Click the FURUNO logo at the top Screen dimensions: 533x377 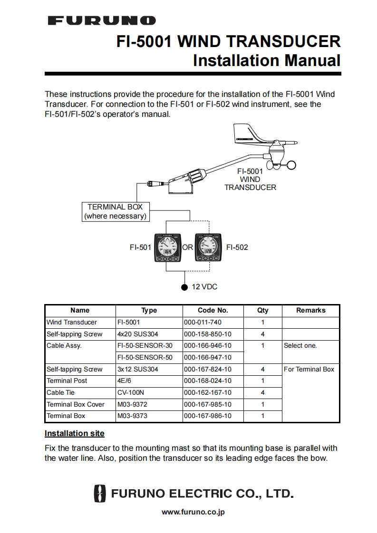coord(102,20)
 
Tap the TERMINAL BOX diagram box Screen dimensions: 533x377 coord(115,211)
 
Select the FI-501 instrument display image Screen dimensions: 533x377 coord(166,248)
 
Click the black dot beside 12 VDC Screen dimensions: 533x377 coord(184,287)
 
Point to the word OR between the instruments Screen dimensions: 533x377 coord(188,247)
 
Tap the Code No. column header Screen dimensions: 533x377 coord(213,310)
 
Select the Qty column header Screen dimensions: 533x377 coord(262,310)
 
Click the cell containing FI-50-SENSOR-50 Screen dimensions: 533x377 coord(145,357)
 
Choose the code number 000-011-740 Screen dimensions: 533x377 coord(203,322)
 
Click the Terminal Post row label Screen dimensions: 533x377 coord(67,381)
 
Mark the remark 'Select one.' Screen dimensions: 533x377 coord(300,345)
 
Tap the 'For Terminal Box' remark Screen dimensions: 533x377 coord(309,369)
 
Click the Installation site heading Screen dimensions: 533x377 coord(74,433)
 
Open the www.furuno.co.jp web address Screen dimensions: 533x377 coord(193,512)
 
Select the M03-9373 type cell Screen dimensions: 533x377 coord(132,416)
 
